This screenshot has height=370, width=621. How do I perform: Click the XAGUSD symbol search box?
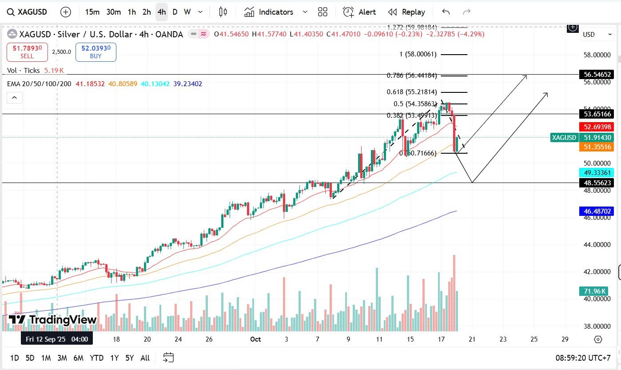pos(29,12)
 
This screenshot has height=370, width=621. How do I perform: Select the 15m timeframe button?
pos(92,12)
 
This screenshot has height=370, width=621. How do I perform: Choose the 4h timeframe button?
pos(162,12)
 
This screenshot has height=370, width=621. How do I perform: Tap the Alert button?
pos(359,12)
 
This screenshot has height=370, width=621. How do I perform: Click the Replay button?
pos(406,12)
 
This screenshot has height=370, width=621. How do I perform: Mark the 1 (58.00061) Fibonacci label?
pos(418,54)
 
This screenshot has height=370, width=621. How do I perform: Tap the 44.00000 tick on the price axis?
pos(595,245)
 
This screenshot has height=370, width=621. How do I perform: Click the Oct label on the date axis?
pos(255,339)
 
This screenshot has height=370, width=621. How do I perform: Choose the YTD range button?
pos(96,358)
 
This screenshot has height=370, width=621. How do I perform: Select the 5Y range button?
pos(129,358)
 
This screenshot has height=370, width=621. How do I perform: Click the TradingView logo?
pos(53,319)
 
